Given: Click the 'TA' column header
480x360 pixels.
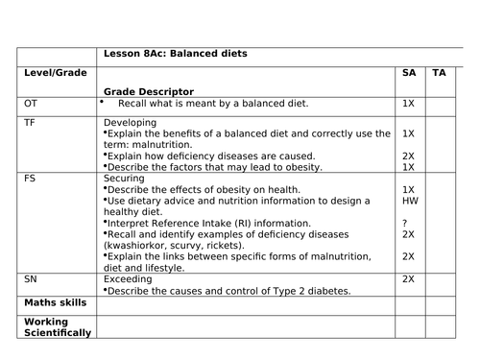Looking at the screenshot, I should coord(439,72).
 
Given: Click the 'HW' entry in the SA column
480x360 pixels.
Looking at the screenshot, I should coord(409,202).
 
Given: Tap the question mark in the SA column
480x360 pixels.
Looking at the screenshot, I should coord(407,223).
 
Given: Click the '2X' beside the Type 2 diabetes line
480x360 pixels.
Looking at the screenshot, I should coord(408,278).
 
